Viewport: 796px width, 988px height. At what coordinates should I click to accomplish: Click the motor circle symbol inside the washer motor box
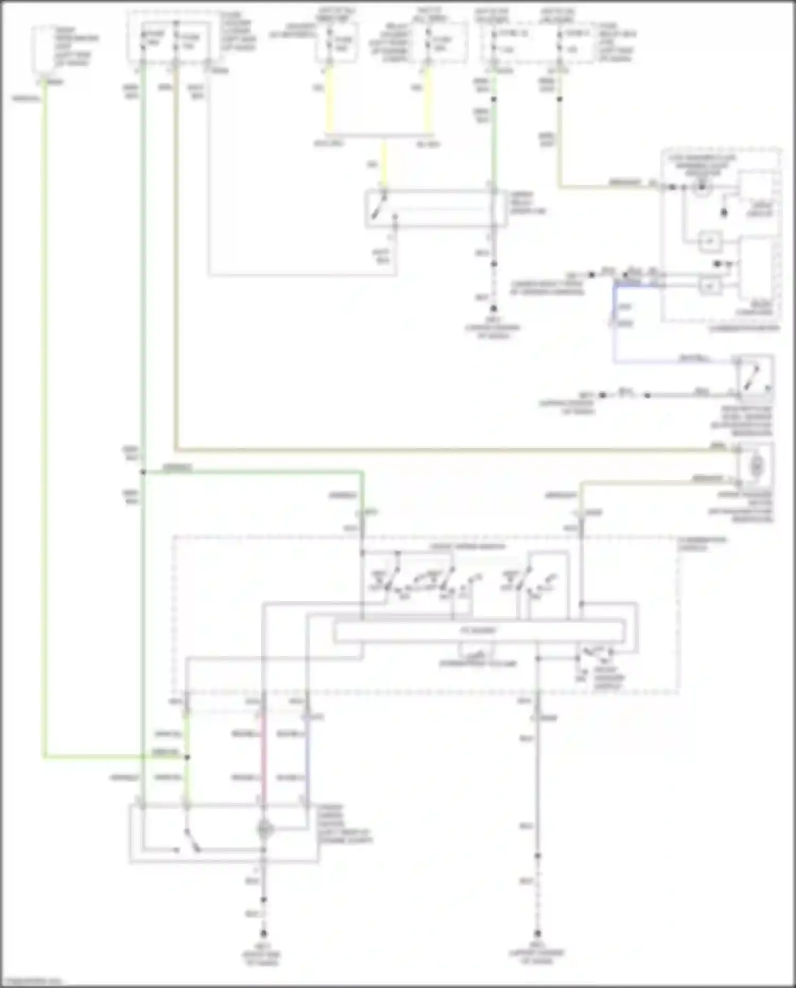click(x=756, y=467)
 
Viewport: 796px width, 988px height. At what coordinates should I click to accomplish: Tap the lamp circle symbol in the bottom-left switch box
click(x=265, y=829)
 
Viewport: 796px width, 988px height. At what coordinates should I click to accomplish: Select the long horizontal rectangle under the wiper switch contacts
click(x=479, y=631)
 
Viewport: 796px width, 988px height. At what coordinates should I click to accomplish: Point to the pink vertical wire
click(x=263, y=754)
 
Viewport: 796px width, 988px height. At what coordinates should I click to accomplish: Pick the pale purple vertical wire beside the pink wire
click(x=306, y=754)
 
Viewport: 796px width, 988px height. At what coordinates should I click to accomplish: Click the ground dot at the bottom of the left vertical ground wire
click(x=263, y=933)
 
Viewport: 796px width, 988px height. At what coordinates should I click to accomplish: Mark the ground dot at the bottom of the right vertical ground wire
click(x=538, y=933)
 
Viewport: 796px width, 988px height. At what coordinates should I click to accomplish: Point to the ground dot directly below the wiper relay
click(x=494, y=308)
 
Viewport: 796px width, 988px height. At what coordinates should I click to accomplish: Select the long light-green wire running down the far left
click(x=45, y=425)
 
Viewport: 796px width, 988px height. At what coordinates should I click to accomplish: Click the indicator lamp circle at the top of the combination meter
click(x=702, y=187)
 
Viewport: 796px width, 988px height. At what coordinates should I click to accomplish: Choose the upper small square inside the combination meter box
click(x=710, y=242)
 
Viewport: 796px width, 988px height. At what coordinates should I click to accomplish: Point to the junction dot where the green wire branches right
click(x=143, y=472)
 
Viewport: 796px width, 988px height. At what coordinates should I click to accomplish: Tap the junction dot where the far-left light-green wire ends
click(x=187, y=757)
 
